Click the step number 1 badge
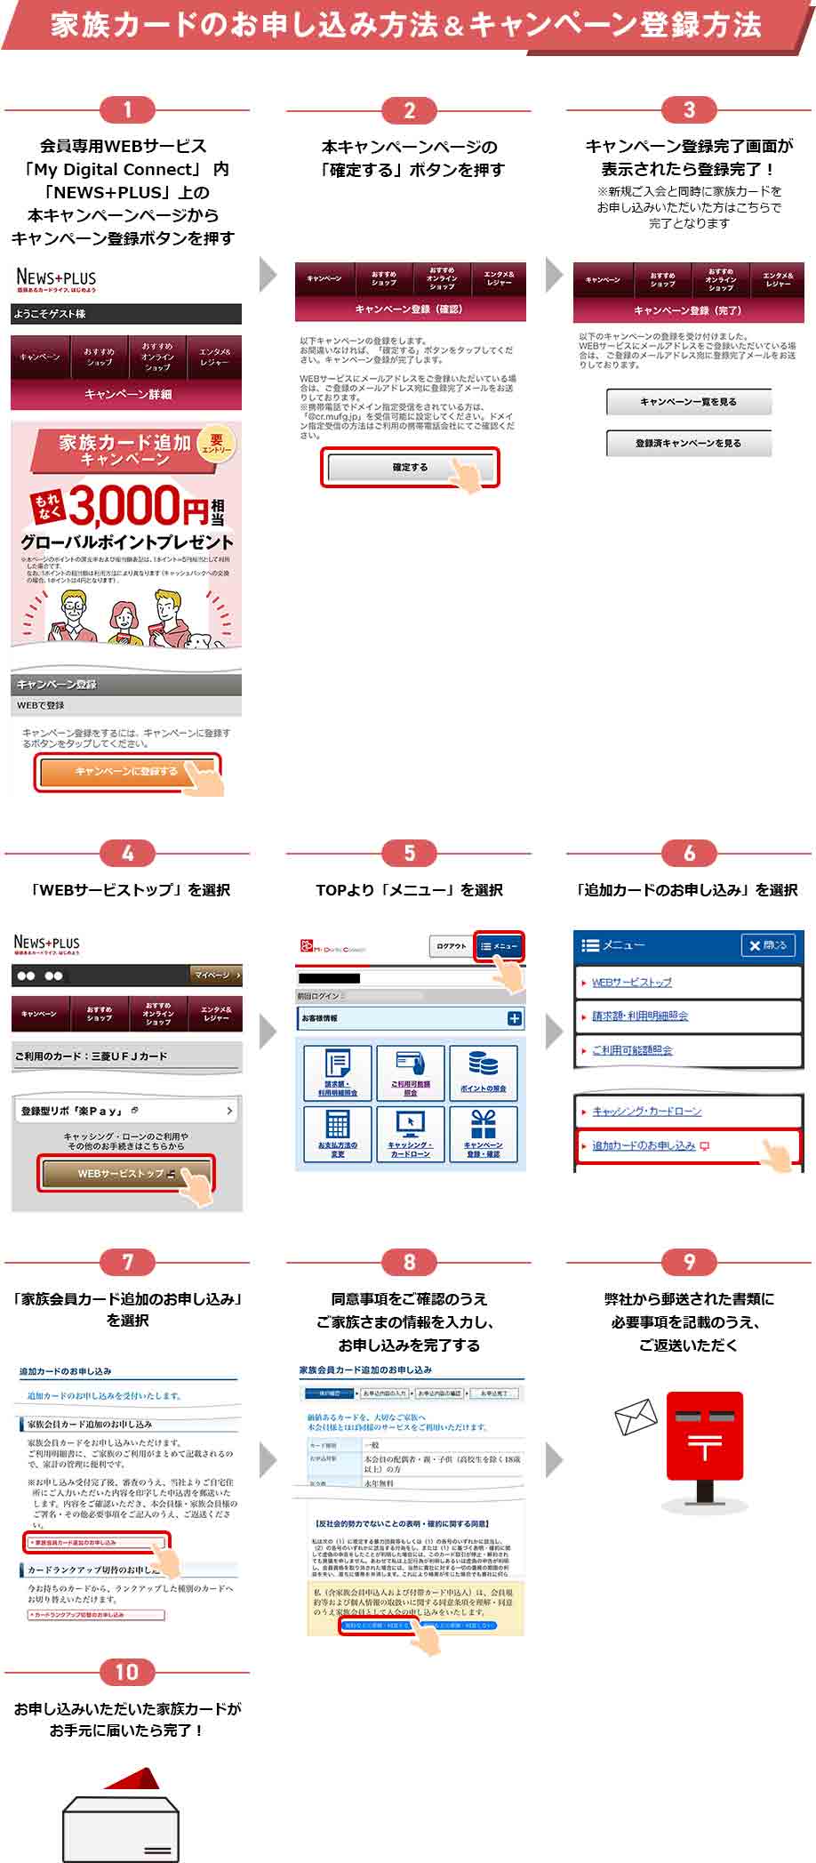click(127, 110)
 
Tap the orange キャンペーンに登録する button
click(126, 771)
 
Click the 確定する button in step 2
click(410, 467)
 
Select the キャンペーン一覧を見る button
click(688, 402)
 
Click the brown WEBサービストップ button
click(124, 1173)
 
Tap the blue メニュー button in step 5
click(499, 946)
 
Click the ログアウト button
click(451, 946)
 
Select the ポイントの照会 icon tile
click(484, 1072)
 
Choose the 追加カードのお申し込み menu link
click(644, 1145)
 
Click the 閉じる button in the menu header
click(768, 945)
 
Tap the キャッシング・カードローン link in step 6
click(646, 1111)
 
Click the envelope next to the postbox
click(636, 1417)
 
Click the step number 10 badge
click(127, 1672)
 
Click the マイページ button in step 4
click(216, 975)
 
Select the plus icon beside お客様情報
click(514, 1018)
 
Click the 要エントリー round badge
click(216, 444)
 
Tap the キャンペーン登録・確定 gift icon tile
click(484, 1132)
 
